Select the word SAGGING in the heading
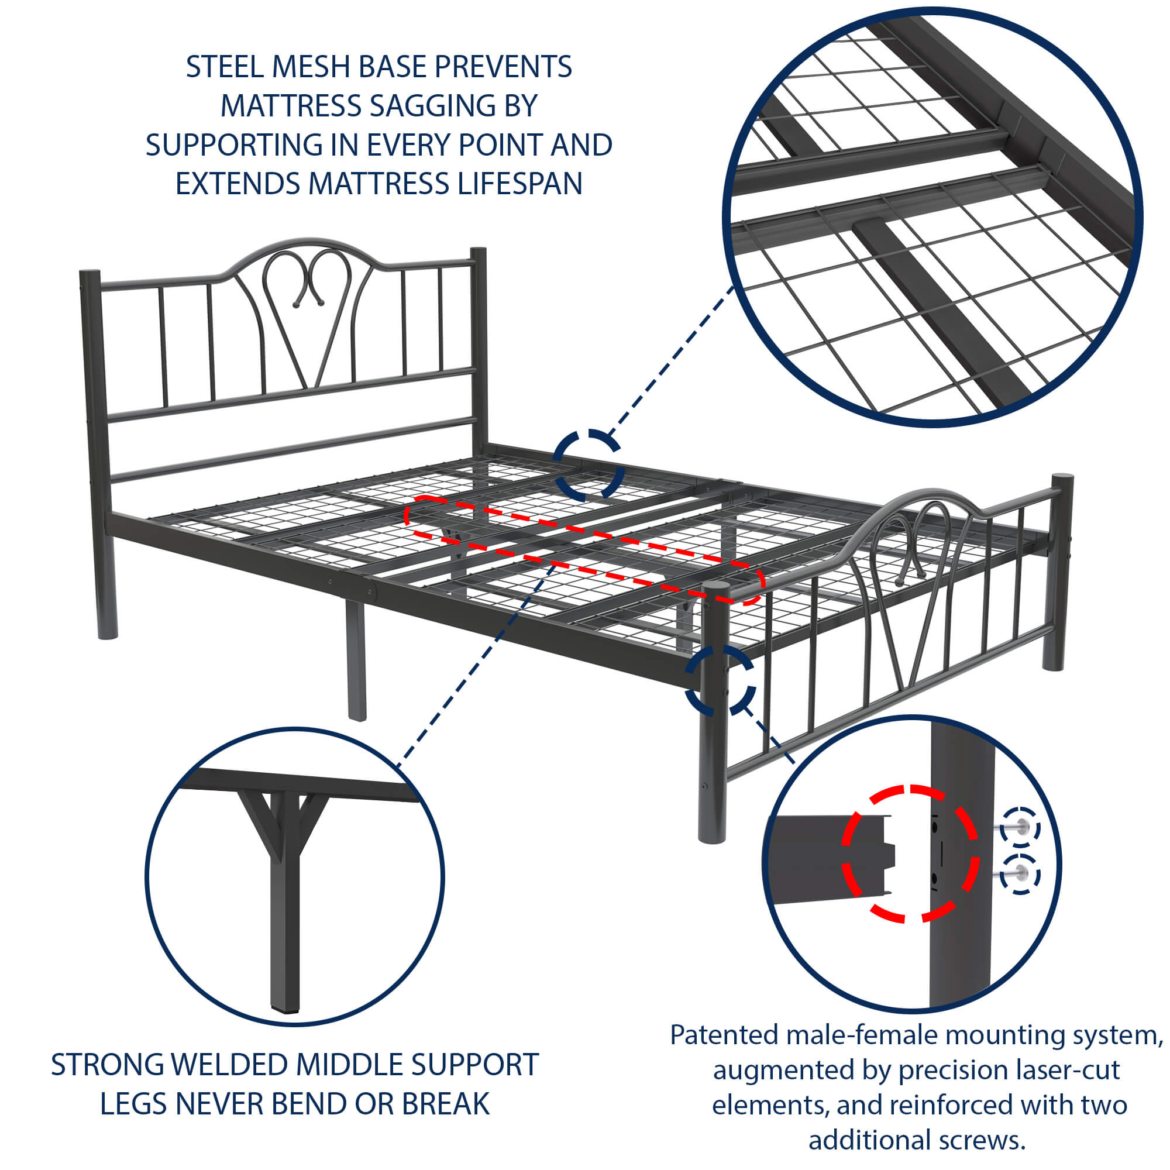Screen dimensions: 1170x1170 click(433, 106)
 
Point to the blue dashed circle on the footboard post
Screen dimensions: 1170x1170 click(720, 679)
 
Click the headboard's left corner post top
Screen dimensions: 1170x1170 click(90, 274)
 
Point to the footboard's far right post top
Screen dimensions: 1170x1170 click(1062, 479)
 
